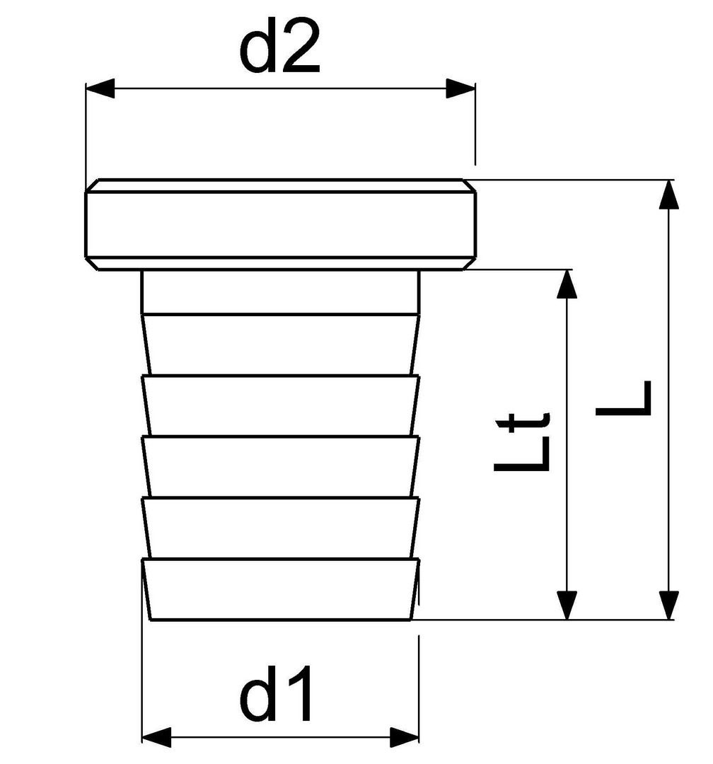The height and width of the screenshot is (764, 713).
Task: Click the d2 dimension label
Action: click(x=279, y=48)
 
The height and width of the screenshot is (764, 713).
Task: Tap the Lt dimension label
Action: click(x=521, y=442)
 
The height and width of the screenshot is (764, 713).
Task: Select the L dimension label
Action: click(x=623, y=398)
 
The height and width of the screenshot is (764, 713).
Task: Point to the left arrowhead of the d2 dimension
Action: click(x=100, y=88)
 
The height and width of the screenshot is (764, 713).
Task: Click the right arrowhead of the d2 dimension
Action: click(x=460, y=88)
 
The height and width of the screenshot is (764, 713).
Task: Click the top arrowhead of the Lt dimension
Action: click(x=567, y=284)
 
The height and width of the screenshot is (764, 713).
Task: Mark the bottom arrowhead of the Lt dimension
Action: click(x=567, y=605)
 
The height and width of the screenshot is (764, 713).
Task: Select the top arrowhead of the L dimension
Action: click(x=668, y=195)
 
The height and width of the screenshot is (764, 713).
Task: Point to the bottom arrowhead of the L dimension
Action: click(x=668, y=605)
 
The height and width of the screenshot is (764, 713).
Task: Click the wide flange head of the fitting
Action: click(x=280, y=224)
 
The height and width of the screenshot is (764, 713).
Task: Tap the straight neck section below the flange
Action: click(x=280, y=292)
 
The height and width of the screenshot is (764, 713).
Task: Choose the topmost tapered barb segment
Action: click(x=280, y=345)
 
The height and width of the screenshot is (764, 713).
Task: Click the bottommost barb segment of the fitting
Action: click(x=280, y=589)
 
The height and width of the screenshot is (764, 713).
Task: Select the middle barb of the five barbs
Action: click(x=280, y=467)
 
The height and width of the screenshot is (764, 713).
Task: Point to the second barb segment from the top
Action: click(x=280, y=405)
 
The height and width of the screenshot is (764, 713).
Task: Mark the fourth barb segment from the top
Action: click(x=280, y=528)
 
